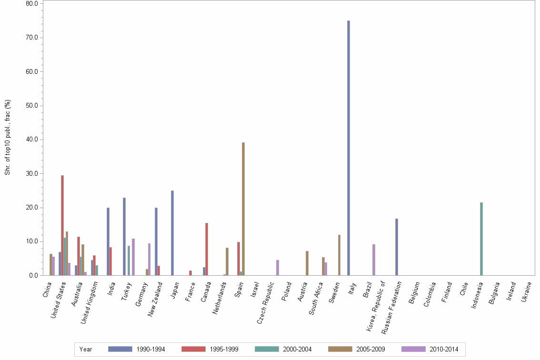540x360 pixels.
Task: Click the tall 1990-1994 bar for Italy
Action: [x=349, y=148]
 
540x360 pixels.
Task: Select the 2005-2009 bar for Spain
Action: [x=243, y=209]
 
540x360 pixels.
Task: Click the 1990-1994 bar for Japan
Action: [x=172, y=233]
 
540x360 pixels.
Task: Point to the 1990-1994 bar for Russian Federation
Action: [x=397, y=247]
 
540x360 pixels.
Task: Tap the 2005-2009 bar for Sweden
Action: [x=339, y=255]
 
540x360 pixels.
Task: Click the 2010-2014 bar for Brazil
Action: [x=374, y=260]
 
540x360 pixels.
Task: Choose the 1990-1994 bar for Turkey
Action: [x=124, y=237]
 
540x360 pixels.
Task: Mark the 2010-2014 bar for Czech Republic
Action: [x=278, y=268]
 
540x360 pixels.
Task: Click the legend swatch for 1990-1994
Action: [x=120, y=349]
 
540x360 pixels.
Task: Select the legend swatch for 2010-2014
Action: [x=413, y=349]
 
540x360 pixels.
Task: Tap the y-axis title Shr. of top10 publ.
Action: [x=8, y=138]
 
